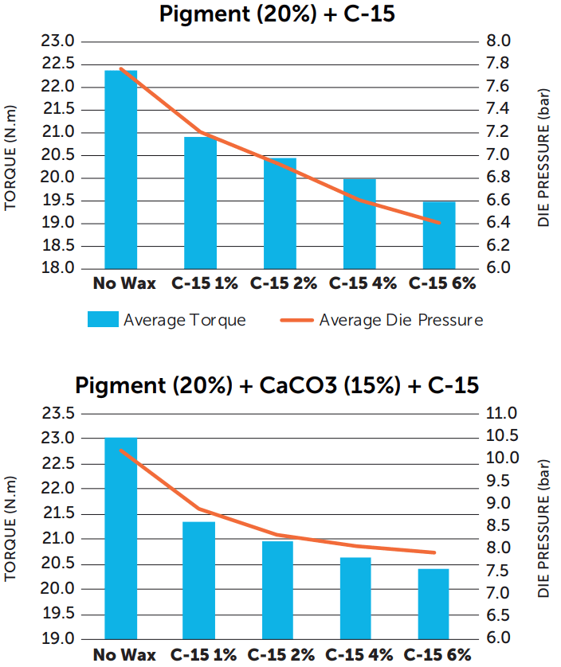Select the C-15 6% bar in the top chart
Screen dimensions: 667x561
point(439,235)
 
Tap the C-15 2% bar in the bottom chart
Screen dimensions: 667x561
point(277,590)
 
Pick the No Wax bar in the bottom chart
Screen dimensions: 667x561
point(121,538)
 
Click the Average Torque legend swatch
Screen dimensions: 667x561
point(101,320)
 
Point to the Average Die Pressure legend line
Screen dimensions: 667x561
point(296,321)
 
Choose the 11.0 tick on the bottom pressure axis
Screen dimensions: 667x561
point(501,413)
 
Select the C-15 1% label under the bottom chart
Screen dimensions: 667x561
point(203,655)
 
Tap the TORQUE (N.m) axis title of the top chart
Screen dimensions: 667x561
point(11,157)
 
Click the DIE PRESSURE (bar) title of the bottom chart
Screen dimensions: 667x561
point(545,529)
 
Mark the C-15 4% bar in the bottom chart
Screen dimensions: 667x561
point(355,598)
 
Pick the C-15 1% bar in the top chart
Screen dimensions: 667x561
point(201,202)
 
